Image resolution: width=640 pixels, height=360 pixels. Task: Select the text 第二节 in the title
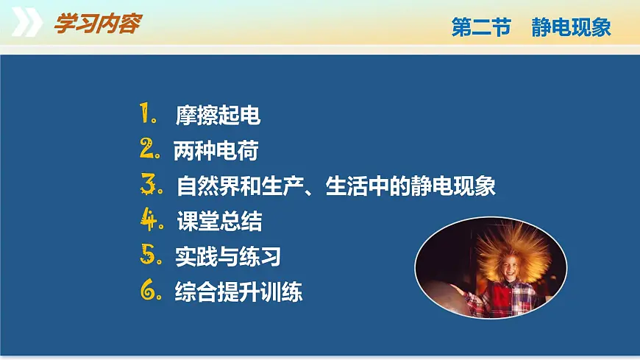tap(480, 28)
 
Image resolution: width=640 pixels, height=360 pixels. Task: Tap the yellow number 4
tap(149, 219)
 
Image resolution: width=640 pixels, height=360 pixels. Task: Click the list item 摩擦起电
tap(218, 116)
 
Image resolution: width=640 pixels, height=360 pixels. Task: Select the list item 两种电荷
tap(216, 151)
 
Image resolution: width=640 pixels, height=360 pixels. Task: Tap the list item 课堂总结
tap(219, 221)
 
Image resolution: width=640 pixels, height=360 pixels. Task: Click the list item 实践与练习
tap(228, 256)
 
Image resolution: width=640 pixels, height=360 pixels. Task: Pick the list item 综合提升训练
tap(238, 292)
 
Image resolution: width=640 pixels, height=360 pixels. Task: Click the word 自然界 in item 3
tap(203, 186)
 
